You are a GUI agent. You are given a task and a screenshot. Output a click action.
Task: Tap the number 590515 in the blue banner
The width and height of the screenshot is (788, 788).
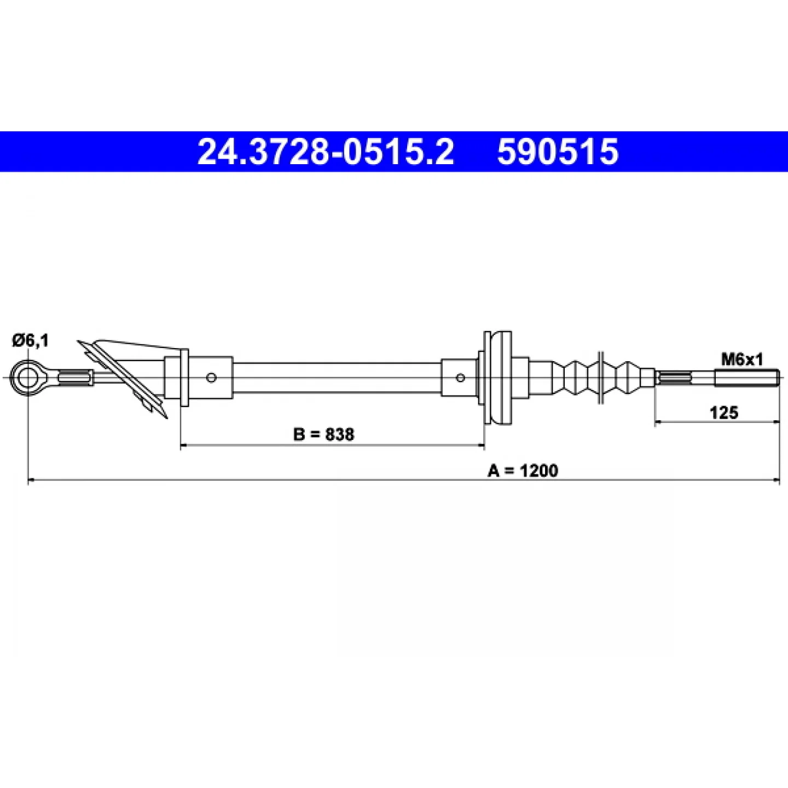(x=558, y=152)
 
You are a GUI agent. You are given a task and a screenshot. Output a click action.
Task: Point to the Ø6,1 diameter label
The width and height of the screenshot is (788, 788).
(x=30, y=340)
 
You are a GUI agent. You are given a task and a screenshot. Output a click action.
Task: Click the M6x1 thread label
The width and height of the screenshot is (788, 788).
(x=742, y=360)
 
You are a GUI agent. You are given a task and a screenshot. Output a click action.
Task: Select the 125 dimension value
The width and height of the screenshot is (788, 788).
(x=724, y=413)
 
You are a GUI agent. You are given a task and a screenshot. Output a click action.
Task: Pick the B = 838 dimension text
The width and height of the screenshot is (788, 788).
(x=323, y=434)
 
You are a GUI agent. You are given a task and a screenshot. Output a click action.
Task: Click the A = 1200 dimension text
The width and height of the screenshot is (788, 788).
(x=523, y=471)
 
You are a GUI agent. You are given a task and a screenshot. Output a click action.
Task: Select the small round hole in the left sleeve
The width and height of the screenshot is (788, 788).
(x=211, y=378)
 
